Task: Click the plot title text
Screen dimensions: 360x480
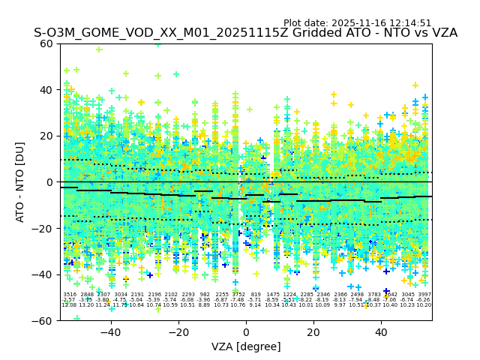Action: coord(245,33)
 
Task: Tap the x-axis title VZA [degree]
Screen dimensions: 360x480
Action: coord(246,346)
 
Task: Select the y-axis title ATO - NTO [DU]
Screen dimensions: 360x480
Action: coord(21,182)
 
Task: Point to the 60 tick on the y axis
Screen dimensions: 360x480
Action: coord(47,43)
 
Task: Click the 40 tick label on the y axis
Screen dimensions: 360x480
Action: coord(47,90)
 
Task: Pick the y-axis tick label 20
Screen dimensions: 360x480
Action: coord(47,136)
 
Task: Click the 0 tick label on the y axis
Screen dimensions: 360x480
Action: coord(50,182)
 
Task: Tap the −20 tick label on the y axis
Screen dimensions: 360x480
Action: coord(43,228)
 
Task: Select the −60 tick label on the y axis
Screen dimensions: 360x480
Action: coord(43,320)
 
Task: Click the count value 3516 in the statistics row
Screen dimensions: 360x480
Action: coord(70,295)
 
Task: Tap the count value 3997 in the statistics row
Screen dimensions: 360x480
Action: coord(424,295)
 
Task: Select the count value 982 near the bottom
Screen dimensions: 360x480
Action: coord(205,295)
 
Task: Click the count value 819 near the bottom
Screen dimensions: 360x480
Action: coord(256,295)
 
